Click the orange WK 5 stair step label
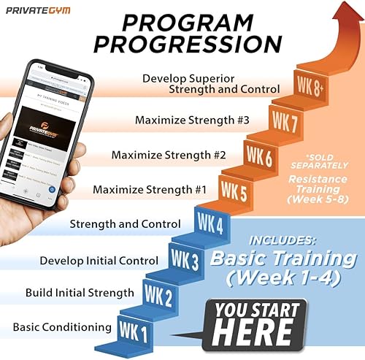click(x=234, y=191)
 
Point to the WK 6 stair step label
click(x=259, y=155)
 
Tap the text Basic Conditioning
click(x=63, y=326)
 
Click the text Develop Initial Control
click(x=99, y=260)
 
